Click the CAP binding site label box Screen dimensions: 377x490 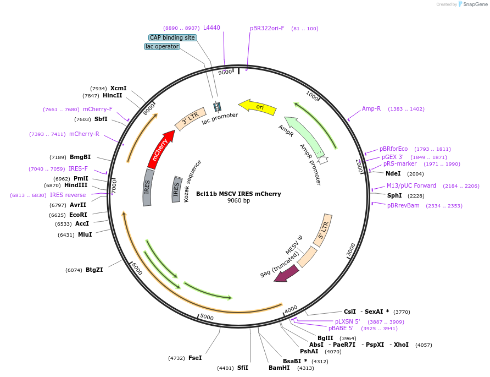172,37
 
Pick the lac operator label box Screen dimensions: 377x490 162,47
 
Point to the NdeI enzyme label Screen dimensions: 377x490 397,173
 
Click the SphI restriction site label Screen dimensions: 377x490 394,195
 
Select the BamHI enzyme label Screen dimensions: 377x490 279,368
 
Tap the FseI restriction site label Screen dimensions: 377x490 195,358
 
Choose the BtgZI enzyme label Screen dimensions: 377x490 94,270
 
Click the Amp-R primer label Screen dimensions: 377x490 371,108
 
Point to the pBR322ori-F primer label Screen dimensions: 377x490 267,28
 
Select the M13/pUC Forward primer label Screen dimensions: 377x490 411,185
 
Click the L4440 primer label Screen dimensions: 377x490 211,28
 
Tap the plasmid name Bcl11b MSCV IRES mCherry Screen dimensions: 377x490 238,194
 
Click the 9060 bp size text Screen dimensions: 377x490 238,201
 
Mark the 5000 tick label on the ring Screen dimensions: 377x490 207,317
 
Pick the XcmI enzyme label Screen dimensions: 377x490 118,88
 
